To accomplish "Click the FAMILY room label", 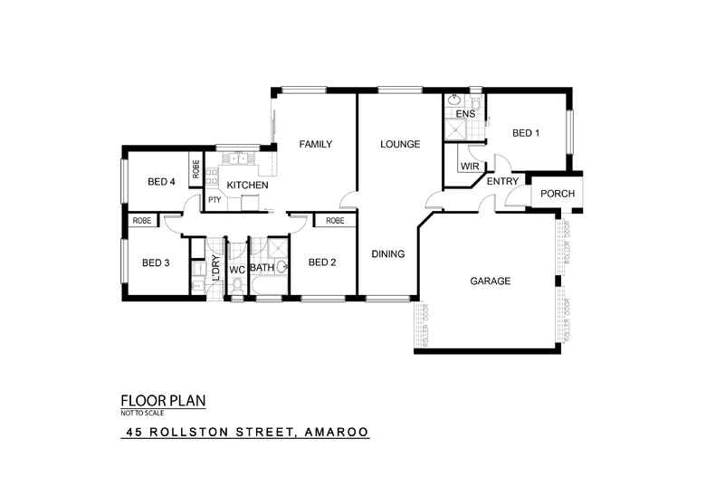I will pyautogui.click(x=316, y=144).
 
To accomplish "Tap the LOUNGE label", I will pyautogui.click(x=399, y=144).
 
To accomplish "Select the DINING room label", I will pyautogui.click(x=387, y=254).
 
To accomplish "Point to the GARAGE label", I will pyautogui.click(x=490, y=281).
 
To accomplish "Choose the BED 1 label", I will pyautogui.click(x=526, y=133).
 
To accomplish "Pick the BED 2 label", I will pyautogui.click(x=322, y=263).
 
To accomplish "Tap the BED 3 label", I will pyautogui.click(x=156, y=263).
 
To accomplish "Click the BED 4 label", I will pyautogui.click(x=160, y=182).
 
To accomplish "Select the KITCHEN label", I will pyautogui.click(x=246, y=186).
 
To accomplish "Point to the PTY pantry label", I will pyautogui.click(x=214, y=200).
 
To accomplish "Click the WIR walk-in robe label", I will pyautogui.click(x=469, y=167).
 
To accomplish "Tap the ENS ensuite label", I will pyautogui.click(x=465, y=115).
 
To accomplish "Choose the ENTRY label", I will pyautogui.click(x=502, y=182).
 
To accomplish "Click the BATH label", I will pyautogui.click(x=262, y=268).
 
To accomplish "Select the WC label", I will pyautogui.click(x=236, y=270).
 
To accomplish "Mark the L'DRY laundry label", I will pyautogui.click(x=215, y=270).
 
